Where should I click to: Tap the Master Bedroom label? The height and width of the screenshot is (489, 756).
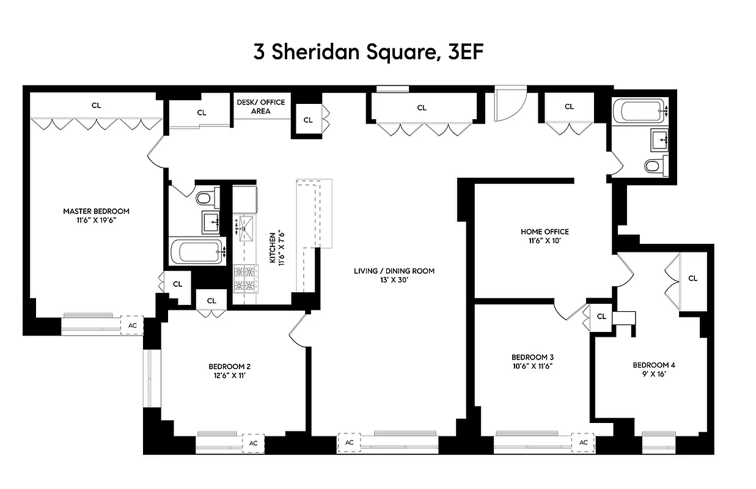pyautogui.click(x=96, y=211)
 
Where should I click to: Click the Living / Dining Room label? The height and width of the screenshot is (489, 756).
pyautogui.click(x=394, y=271)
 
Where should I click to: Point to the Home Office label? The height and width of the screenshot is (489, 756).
pyautogui.click(x=544, y=232)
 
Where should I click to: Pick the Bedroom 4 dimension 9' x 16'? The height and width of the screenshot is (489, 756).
pyautogui.click(x=653, y=374)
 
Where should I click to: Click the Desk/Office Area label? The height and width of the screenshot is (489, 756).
pyautogui.click(x=261, y=106)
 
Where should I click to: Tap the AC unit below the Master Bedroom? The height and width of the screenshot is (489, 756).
pyautogui.click(x=132, y=326)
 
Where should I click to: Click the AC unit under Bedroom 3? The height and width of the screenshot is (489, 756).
pyautogui.click(x=583, y=443)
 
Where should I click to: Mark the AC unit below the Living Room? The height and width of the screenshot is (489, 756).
pyautogui.click(x=349, y=443)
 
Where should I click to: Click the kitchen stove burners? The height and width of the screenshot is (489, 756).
pyautogui.click(x=246, y=278)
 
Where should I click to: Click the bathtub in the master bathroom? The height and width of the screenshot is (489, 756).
pyautogui.click(x=196, y=252)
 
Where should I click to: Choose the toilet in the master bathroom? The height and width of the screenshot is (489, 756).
pyautogui.click(x=204, y=197)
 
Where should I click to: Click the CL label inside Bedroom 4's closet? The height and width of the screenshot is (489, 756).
pyautogui.click(x=692, y=278)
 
